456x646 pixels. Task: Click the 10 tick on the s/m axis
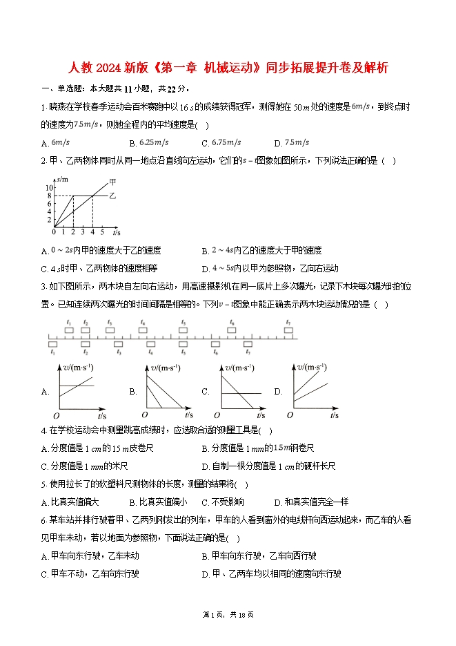pos(49,188)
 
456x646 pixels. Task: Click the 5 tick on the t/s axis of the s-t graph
pos(101,231)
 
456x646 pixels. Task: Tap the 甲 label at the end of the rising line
pos(112,182)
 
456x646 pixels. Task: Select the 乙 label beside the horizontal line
pos(113,196)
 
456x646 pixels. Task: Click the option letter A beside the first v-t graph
pos(45,392)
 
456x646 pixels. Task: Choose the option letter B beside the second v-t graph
pos(133,392)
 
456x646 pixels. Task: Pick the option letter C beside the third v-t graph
pos(205,392)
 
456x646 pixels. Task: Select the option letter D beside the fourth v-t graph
pos(278,392)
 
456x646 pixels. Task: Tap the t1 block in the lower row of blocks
pos(52,343)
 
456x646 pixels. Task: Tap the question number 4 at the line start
pos(43,431)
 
